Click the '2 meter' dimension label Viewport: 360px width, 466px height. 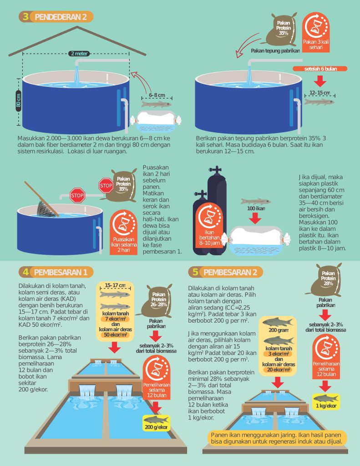[79, 54]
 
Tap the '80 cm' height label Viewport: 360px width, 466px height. [18, 101]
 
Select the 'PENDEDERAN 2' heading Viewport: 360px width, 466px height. [61, 17]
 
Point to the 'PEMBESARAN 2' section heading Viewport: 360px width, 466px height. [230, 272]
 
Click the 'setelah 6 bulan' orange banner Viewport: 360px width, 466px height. [320, 69]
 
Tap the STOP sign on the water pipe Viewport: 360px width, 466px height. [77, 196]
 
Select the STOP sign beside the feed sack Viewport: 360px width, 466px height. [106, 186]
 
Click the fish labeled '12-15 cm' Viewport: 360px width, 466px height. [319, 102]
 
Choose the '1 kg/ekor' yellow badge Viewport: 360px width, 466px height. [326, 402]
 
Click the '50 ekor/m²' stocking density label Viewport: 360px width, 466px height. [115, 335]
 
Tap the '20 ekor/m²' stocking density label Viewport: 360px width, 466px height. [279, 370]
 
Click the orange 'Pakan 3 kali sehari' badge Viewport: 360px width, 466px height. [316, 32]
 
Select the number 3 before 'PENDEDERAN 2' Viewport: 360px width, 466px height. [26, 17]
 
